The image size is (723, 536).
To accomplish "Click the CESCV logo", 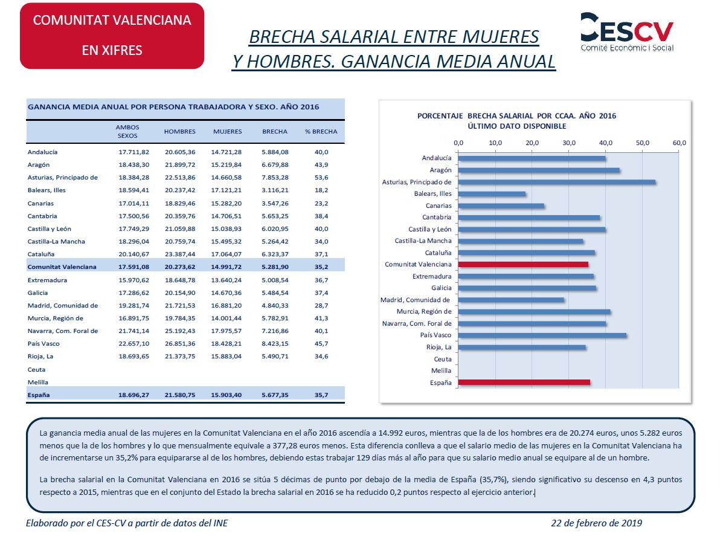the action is click(626, 32).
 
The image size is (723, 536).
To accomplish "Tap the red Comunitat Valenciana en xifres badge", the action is click(112, 36).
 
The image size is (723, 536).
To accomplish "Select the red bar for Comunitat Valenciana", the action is click(523, 264).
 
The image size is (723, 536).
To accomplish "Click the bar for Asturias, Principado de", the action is click(557, 182).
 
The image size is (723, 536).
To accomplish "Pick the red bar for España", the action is click(524, 382).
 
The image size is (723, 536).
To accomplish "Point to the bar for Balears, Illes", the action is click(492, 194).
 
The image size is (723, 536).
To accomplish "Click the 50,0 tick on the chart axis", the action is click(642, 143).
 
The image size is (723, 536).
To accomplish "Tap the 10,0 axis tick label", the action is click(495, 143).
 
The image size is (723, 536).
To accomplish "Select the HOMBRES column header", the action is click(180, 132).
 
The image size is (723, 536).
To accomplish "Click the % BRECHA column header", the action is click(321, 132).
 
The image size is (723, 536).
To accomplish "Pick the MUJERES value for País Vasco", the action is click(227, 344).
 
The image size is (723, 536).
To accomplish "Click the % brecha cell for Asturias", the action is click(321, 177).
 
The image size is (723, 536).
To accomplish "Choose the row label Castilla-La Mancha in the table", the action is click(56, 241).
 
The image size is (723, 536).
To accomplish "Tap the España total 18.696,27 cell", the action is click(133, 395).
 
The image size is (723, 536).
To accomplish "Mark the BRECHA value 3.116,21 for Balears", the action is click(275, 190).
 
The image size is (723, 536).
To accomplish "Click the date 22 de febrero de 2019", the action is click(597, 523).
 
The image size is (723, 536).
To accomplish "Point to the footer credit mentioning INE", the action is click(127, 523).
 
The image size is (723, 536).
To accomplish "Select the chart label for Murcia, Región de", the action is click(424, 311).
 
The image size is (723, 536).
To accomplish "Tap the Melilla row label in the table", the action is click(38, 382).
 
